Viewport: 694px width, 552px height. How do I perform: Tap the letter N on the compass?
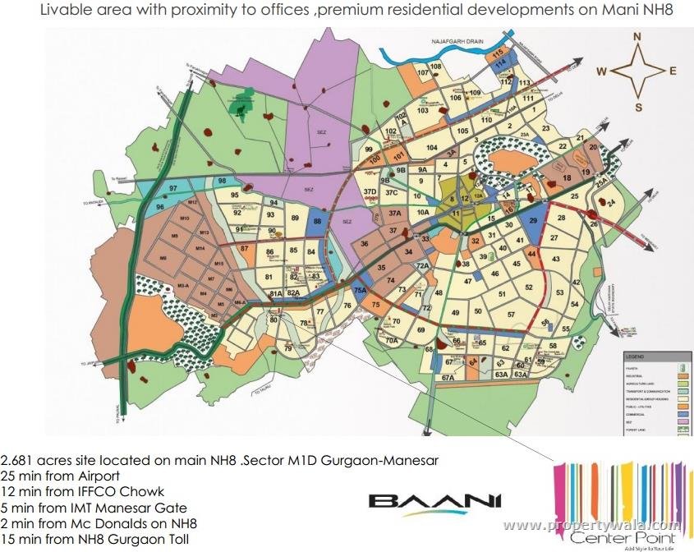coord(636,36)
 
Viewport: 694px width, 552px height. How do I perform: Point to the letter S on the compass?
coord(637,106)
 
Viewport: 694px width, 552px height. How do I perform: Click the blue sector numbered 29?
coord(533,222)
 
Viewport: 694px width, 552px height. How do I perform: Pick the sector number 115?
coord(497,53)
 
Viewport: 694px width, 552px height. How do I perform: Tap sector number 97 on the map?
coord(172,189)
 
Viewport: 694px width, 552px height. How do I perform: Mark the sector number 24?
coord(611,202)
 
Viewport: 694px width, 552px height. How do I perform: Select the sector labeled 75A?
coord(360,289)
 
